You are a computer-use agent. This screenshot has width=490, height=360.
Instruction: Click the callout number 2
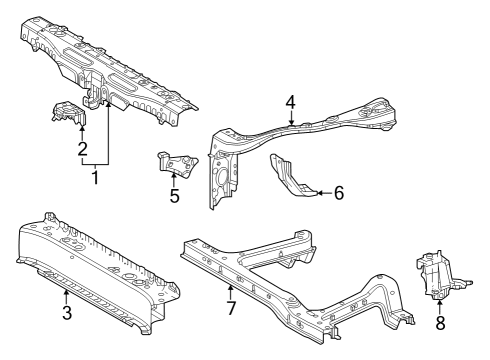[x=82, y=149]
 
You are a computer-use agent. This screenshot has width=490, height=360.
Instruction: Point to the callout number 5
[x=174, y=196]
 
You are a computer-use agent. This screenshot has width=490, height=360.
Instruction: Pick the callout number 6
[x=338, y=192]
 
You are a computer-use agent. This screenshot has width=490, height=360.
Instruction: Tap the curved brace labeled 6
[x=292, y=174]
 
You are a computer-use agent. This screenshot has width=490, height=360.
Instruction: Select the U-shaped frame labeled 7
[x=300, y=280]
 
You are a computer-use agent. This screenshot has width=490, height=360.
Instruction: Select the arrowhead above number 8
[x=440, y=302]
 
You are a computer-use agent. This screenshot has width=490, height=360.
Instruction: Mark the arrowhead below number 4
[x=290, y=121]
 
